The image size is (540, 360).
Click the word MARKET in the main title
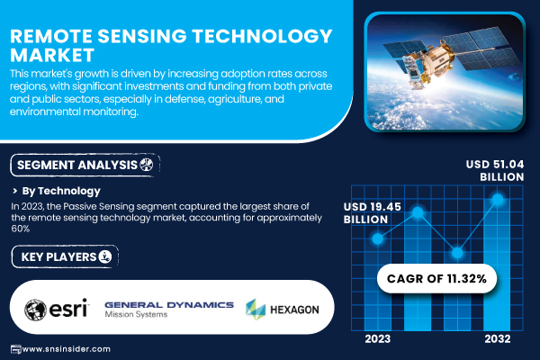pos(52,55)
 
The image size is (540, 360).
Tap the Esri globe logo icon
pos(35,310)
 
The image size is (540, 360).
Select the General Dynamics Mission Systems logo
pos(169,310)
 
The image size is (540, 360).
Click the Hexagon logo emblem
pos(256,309)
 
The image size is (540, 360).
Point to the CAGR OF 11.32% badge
pos(436,278)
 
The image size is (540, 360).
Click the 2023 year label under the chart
pos(377,339)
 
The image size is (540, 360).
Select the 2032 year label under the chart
pos(498,339)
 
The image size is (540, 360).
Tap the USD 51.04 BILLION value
pos(495,170)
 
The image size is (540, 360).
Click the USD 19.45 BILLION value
pos(373,213)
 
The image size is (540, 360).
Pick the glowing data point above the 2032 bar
pos(498,199)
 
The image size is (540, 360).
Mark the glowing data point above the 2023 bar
pos(377,238)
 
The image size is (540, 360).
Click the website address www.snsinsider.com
pos(66,349)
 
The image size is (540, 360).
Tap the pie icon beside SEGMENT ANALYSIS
pos(147,165)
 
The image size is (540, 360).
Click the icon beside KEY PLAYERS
pos(105,256)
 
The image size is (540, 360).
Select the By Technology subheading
pos(61,191)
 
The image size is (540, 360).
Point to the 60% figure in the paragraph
pos(21,229)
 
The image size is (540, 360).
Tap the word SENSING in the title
pos(142,36)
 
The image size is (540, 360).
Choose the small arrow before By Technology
pos(14,191)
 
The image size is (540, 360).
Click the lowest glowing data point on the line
pos(457,253)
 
